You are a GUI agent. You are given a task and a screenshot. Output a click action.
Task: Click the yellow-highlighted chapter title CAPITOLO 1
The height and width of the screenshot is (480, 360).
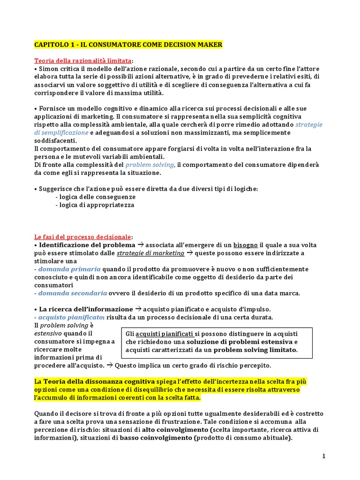[128, 45]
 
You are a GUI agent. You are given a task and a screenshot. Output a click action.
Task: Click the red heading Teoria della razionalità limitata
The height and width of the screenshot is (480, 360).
[83, 61]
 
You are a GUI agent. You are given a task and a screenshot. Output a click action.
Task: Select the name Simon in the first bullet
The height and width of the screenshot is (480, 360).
[48, 69]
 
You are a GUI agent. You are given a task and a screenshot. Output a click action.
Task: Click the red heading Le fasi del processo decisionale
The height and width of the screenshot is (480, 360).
[83, 237]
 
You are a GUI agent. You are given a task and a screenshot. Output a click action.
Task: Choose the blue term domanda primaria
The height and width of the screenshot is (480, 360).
[69, 269]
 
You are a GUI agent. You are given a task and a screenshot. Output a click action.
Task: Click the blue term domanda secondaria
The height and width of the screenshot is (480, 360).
[73, 293]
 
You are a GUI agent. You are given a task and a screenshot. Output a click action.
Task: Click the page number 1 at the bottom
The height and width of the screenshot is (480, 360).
[323, 456]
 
